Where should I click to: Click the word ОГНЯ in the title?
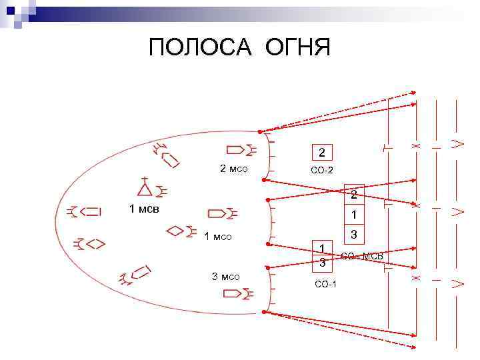(297, 48)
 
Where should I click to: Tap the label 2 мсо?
(234, 169)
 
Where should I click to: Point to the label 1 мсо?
(217, 236)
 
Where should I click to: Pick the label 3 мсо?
(225, 277)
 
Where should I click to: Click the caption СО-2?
(322, 171)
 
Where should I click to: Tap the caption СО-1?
(325, 285)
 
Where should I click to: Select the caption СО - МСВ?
(365, 257)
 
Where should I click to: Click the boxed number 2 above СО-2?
(322, 152)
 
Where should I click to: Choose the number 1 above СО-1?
(322, 247)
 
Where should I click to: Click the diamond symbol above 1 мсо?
(175, 231)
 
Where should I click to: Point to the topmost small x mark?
(415, 145)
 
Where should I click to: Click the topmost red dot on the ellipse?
(259, 131)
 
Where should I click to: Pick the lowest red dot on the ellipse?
(265, 311)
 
